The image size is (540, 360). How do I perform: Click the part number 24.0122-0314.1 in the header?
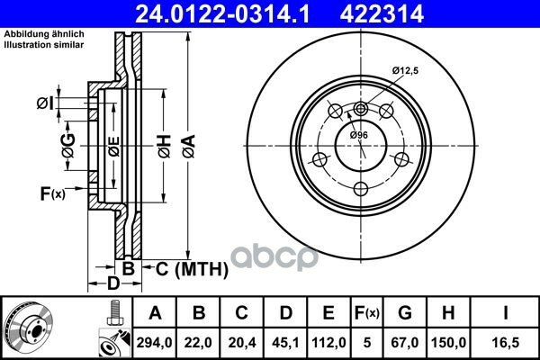(222, 14)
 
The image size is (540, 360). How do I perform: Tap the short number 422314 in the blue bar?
(382, 14)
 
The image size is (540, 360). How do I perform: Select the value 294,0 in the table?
(154, 343)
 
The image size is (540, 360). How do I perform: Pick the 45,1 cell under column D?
(285, 343)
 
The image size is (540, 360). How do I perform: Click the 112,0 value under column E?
(328, 343)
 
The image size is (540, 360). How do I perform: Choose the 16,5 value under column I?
(505, 343)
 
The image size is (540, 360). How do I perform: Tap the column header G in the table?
(405, 313)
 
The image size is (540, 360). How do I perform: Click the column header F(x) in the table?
(367, 313)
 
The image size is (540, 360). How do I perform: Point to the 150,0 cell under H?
(448, 343)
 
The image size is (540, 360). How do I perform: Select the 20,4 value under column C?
(242, 343)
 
